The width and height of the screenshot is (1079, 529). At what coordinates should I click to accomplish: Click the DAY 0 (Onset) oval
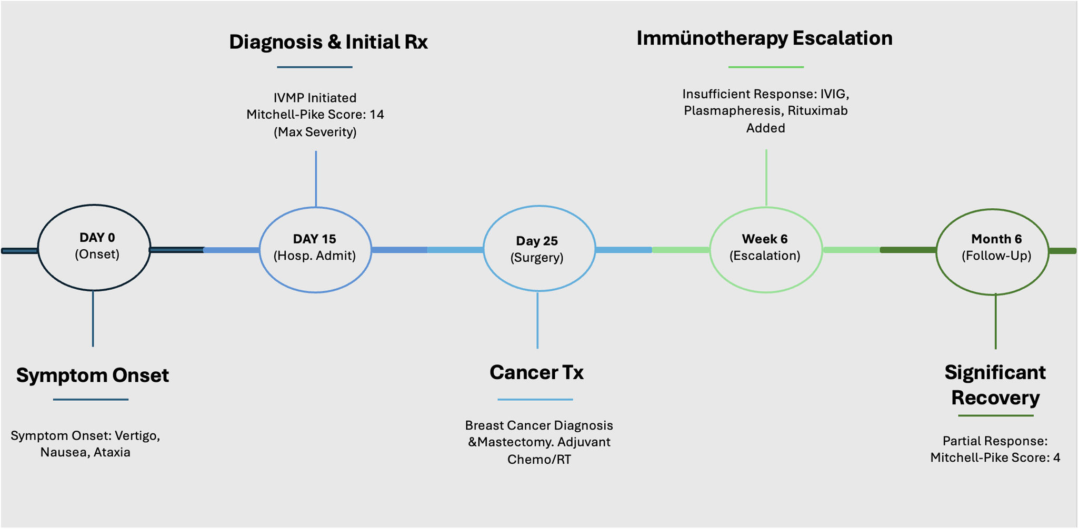[x=38, y=247]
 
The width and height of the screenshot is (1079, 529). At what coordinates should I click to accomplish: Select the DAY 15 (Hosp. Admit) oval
[x=260, y=250]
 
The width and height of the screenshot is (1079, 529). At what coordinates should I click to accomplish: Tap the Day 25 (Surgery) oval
[x=484, y=248]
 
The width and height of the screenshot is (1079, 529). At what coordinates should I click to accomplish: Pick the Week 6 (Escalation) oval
[x=710, y=250]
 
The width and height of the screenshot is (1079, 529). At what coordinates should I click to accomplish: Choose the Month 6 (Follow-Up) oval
[x=936, y=251]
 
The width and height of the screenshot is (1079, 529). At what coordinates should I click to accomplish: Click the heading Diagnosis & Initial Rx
[x=328, y=42]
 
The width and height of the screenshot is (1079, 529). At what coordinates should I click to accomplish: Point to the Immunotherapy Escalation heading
[x=764, y=38]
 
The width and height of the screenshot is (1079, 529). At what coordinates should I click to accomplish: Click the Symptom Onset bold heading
[x=93, y=375]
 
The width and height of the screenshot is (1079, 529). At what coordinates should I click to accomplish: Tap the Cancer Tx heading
[x=536, y=372]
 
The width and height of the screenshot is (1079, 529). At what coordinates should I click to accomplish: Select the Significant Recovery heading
[x=995, y=385]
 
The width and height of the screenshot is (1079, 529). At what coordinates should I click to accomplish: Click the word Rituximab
[x=817, y=111]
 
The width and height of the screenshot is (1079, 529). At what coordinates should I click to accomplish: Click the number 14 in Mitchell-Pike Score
[x=377, y=115]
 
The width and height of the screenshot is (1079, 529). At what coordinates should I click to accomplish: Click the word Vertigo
[x=137, y=436]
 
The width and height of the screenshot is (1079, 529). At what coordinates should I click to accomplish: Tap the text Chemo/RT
[x=539, y=460]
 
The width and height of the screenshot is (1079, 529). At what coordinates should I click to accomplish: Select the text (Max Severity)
[x=315, y=132]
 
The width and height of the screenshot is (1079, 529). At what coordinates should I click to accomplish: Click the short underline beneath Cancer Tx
[x=535, y=400]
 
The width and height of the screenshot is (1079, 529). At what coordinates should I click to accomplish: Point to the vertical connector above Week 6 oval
[x=766, y=178]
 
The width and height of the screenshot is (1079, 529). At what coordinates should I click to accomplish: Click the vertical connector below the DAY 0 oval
[x=93, y=319]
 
